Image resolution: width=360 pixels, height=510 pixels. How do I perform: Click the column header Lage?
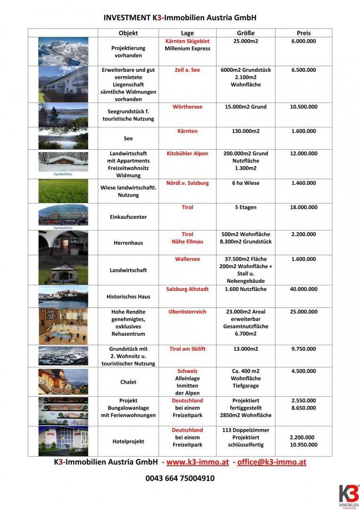pyautogui.click(x=187, y=33)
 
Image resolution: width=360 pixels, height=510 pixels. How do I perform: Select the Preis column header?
pyautogui.click(x=303, y=33)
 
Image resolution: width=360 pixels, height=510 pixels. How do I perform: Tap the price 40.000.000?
pyautogui.click(x=303, y=289)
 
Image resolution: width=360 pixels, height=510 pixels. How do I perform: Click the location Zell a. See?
pyautogui.click(x=187, y=70)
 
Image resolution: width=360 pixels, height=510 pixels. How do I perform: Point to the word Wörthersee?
pyautogui.click(x=187, y=107)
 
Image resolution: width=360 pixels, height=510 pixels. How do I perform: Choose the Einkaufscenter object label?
pyautogui.click(x=128, y=217)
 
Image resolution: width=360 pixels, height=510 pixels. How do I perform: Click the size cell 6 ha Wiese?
pyautogui.click(x=245, y=183)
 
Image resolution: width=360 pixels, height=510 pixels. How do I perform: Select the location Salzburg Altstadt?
pyautogui.click(x=187, y=289)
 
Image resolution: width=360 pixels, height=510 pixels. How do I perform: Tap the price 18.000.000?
pyautogui.click(x=303, y=207)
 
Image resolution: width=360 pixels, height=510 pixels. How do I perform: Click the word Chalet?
pyautogui.click(x=128, y=382)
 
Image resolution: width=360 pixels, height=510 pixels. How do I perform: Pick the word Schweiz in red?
pyautogui.click(x=187, y=371)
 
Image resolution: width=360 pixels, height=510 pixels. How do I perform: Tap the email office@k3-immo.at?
pyautogui.click(x=271, y=462)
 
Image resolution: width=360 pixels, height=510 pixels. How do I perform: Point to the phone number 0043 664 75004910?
pyautogui.click(x=180, y=478)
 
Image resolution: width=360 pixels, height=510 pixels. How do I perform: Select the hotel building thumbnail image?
pyautogui.click(x=63, y=441)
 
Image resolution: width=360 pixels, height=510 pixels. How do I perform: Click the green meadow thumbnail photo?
pyautogui.click(x=63, y=191)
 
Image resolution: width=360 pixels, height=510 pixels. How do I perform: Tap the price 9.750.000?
pyautogui.click(x=303, y=349)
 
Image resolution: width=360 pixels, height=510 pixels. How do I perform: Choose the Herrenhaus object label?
pyautogui.click(x=128, y=243)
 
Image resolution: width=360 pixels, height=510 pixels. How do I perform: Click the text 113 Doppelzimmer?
pyautogui.click(x=245, y=430)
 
